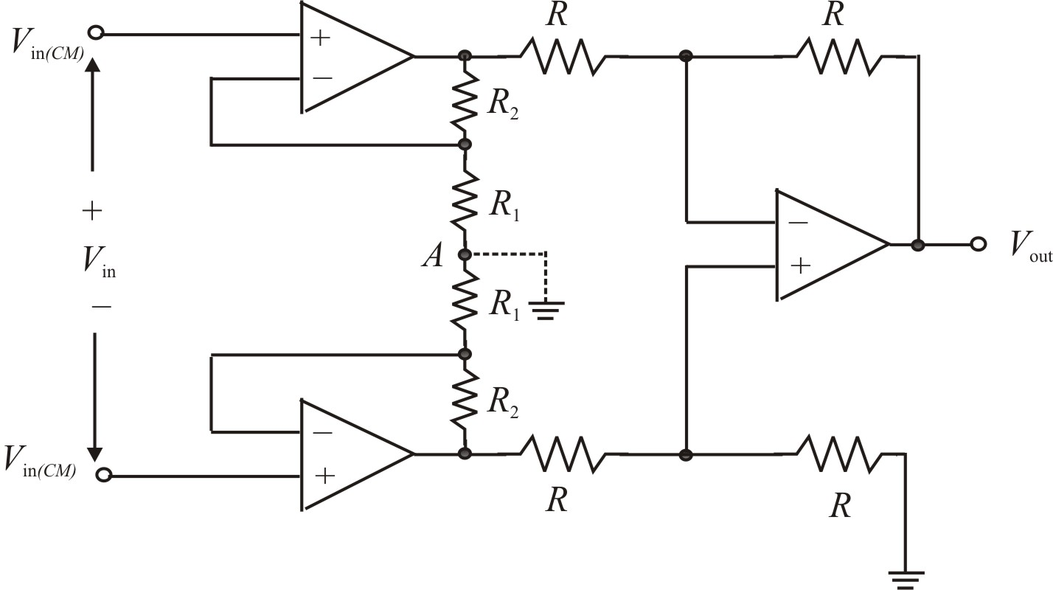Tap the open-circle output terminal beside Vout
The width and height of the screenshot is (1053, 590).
coord(978,244)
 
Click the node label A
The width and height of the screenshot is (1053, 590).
coord(432,256)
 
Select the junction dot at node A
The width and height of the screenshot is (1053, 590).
coord(465,254)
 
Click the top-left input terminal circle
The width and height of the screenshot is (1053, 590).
coord(96,32)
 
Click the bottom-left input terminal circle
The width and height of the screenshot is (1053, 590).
coord(104,476)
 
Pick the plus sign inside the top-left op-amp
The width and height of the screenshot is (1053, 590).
coord(320,38)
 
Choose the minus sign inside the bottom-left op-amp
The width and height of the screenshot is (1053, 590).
coord(321,433)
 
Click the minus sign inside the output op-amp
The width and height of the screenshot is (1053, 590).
coord(796,222)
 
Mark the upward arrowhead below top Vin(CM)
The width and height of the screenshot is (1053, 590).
coord(92,66)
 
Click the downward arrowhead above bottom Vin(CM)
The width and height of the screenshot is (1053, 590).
coord(94,449)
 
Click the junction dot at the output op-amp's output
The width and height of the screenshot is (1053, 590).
coord(918,244)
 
